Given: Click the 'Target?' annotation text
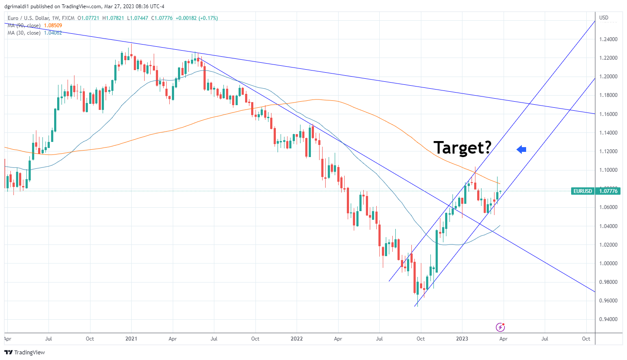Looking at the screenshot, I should click(462, 148).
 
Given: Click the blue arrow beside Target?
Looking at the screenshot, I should click(521, 149).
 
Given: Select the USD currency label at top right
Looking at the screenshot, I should click(604, 18).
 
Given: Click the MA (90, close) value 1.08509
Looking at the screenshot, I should click(53, 26).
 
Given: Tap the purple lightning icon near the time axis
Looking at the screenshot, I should click(500, 327).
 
